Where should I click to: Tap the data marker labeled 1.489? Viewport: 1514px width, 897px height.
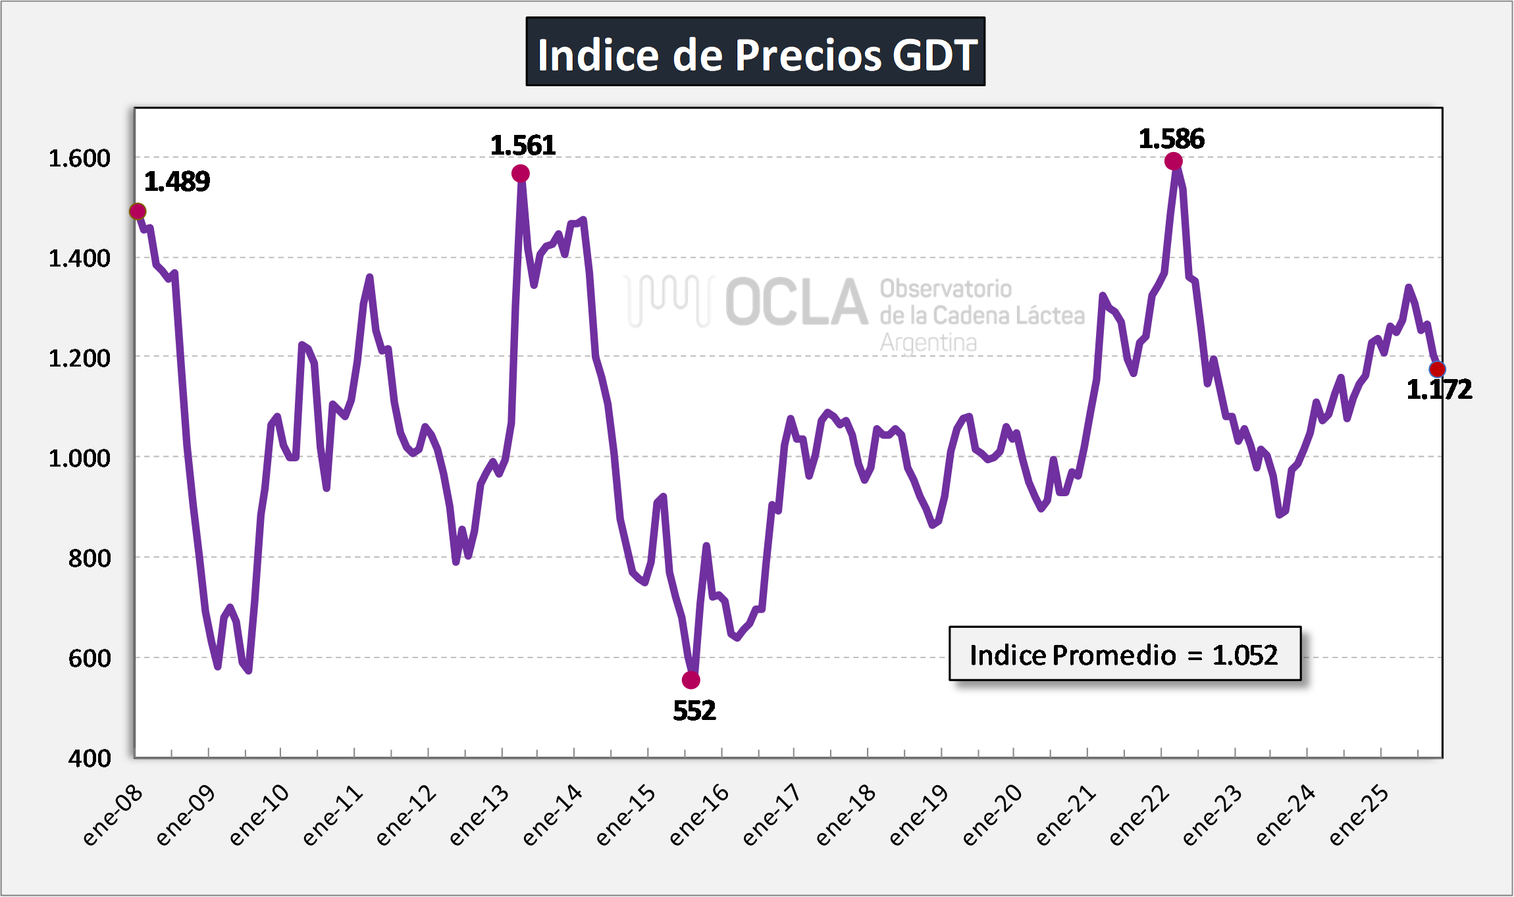138,211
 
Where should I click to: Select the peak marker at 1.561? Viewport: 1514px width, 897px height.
521,174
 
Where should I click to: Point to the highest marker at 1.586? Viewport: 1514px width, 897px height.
1173,161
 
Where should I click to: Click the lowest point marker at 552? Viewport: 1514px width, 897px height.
691,680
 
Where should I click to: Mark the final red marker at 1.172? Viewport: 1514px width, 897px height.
1437,369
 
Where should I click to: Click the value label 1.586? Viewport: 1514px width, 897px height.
1172,139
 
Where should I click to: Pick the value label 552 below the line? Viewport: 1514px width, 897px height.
694,711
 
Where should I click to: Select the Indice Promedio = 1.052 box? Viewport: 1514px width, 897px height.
1124,654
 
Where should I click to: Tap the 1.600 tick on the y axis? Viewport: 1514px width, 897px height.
80,159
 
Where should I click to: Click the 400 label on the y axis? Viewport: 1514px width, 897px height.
90,758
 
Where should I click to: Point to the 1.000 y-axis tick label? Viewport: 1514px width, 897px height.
80,458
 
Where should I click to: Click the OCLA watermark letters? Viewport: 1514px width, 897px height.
796,302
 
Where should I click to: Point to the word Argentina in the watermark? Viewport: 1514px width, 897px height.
928,343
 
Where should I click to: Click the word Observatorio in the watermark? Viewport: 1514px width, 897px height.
946,288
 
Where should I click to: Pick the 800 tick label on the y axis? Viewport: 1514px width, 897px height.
90,558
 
